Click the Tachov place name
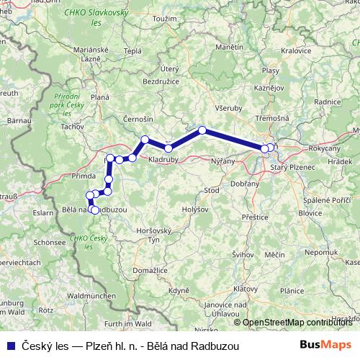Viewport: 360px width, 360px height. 73,127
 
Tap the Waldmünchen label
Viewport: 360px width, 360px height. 91,296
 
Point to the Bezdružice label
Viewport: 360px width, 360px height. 160,83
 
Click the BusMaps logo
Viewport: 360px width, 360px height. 326,345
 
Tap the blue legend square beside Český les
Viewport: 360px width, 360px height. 9,345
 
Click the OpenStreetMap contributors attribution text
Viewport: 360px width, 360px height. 298,322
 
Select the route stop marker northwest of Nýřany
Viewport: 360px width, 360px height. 202,130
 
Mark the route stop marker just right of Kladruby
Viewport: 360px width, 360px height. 168,148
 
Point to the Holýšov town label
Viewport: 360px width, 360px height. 194,210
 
